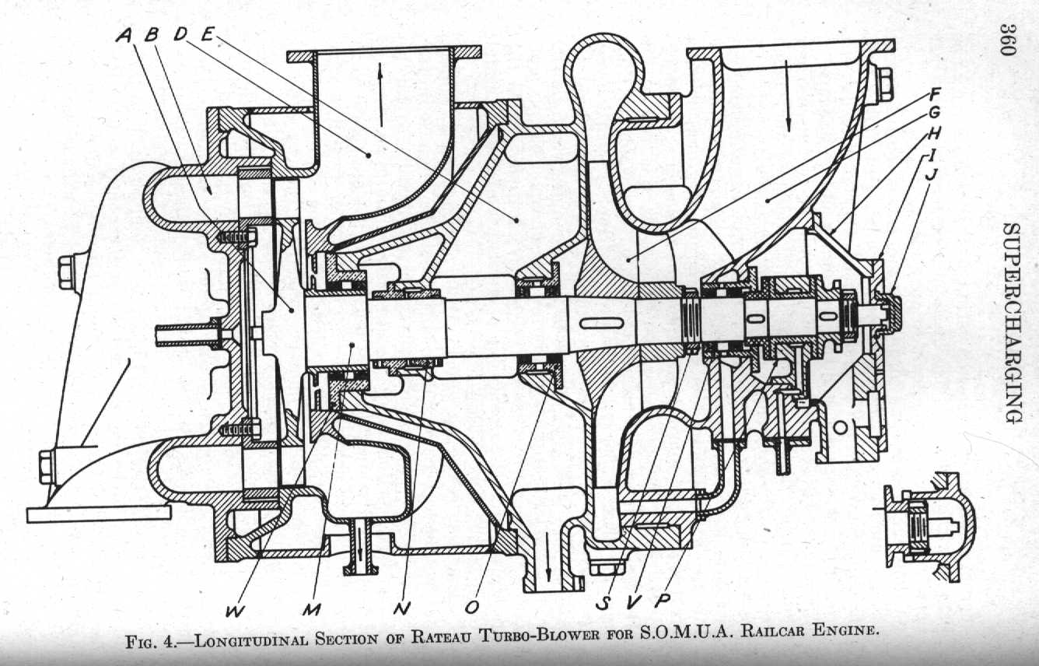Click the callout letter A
(125, 36)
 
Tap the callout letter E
(207, 34)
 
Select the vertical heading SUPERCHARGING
(1012, 324)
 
